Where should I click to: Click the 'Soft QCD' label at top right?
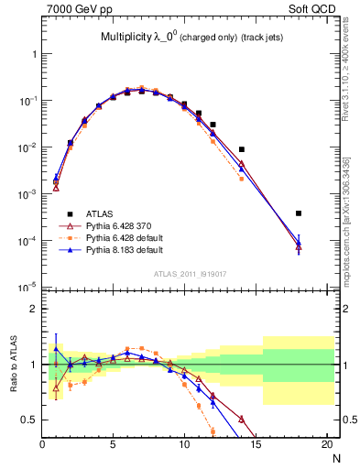316,7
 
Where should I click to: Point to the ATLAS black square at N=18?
299,213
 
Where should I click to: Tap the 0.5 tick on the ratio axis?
28,420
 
